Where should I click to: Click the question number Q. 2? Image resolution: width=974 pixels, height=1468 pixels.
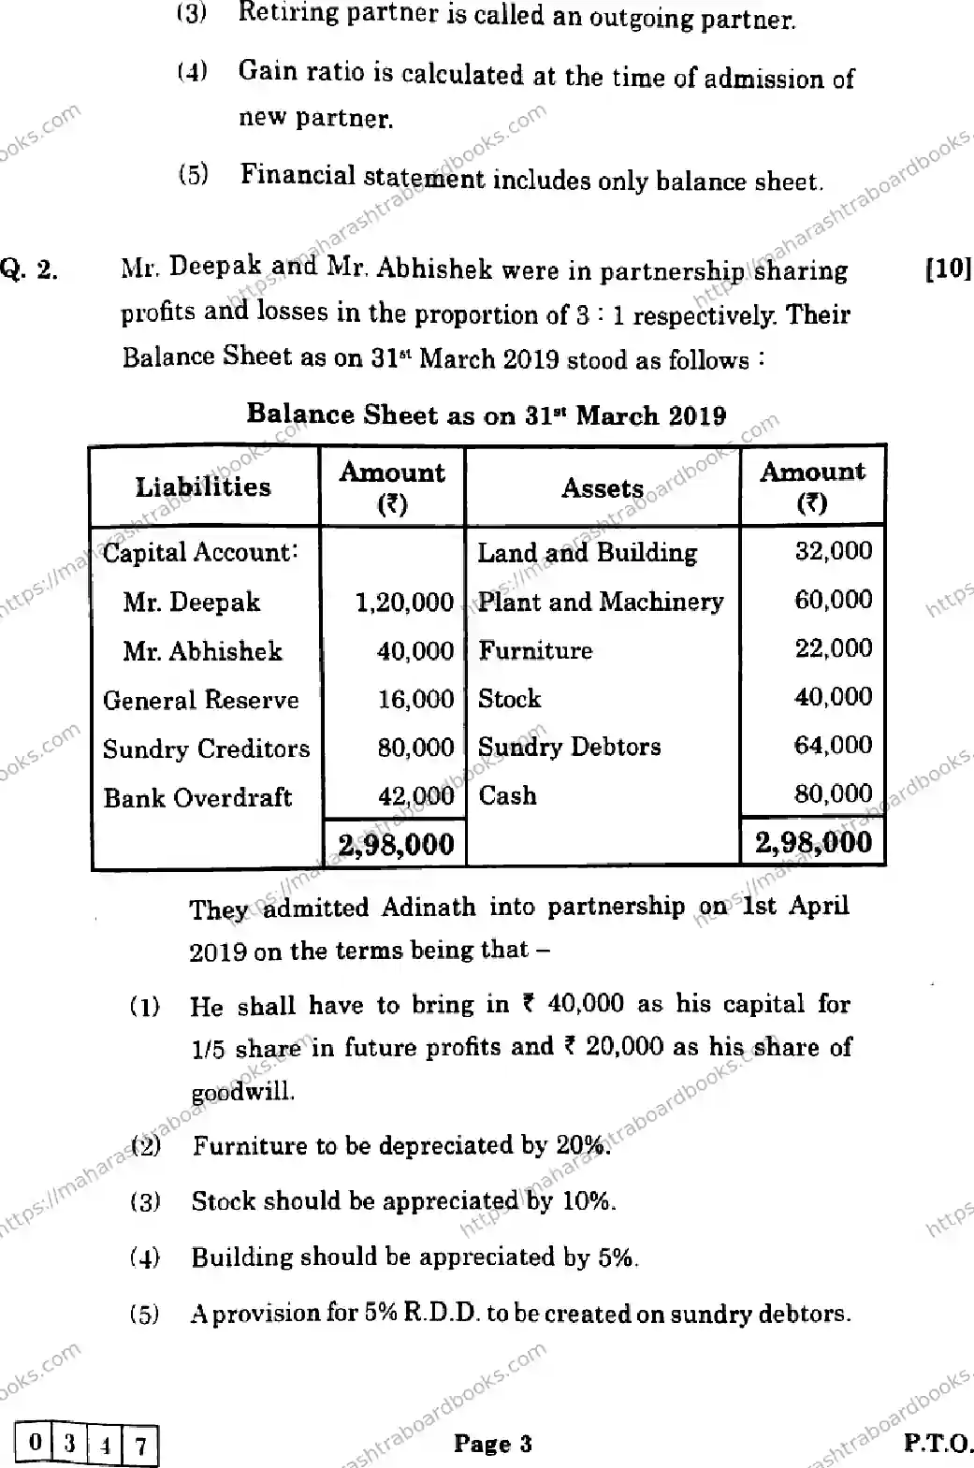[29, 270]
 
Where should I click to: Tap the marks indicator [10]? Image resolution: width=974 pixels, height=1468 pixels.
[948, 269]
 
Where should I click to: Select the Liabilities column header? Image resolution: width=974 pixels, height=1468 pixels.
[203, 487]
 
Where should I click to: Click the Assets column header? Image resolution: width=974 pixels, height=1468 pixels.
[603, 487]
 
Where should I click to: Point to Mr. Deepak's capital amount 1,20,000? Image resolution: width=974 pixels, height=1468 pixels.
[404, 602]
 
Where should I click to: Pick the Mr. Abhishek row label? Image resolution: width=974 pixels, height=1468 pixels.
[202, 650]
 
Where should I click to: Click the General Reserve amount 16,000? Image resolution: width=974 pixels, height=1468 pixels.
[415, 699]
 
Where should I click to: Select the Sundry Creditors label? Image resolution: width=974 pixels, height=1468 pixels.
[206, 749]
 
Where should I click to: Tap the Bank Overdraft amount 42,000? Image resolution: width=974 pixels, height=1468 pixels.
[415, 796]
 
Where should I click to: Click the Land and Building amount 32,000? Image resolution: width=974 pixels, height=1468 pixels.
[833, 551]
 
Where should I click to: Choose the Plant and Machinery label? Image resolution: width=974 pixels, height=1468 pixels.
[601, 602]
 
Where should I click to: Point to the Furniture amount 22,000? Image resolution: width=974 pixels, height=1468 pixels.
[833, 648]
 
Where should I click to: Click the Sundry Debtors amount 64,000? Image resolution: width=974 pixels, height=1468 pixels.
[833, 746]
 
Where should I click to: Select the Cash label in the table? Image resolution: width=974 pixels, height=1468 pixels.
[507, 795]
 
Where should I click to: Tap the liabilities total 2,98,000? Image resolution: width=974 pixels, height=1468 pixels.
[396, 844]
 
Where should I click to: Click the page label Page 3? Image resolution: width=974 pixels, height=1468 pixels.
[492, 1444]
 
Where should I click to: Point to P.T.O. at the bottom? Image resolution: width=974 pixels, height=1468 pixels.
[937, 1443]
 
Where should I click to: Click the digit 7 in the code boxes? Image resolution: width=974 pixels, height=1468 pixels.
[140, 1446]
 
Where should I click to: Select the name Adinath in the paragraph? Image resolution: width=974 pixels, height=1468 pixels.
[429, 907]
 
